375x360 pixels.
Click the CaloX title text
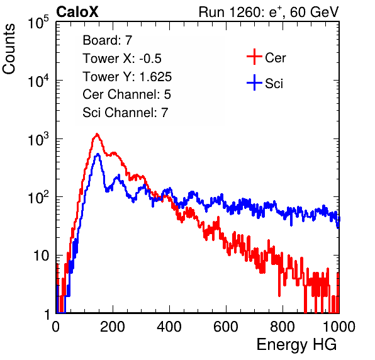click(x=77, y=12)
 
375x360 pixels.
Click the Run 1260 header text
click(x=269, y=12)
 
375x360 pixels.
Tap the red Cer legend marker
click(x=254, y=57)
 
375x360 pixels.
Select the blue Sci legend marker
click(x=254, y=83)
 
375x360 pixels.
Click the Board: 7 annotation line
click(x=107, y=40)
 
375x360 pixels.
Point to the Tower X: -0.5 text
click(x=122, y=59)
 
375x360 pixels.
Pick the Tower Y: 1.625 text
click(x=127, y=77)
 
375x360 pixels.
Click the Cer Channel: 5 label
click(x=126, y=94)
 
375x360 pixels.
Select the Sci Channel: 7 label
click(x=125, y=113)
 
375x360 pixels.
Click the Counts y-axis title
click(x=9, y=49)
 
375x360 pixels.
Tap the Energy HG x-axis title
click(x=296, y=345)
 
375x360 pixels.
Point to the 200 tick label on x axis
click(x=113, y=327)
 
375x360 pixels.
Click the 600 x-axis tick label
click(x=226, y=327)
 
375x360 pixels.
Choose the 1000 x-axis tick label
click(x=339, y=327)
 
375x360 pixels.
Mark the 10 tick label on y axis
click(x=41, y=256)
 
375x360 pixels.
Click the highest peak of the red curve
click(x=97, y=134)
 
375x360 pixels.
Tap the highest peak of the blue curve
click(x=98, y=154)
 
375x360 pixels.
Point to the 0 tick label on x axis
click(x=56, y=327)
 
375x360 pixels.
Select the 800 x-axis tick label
click(x=283, y=327)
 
